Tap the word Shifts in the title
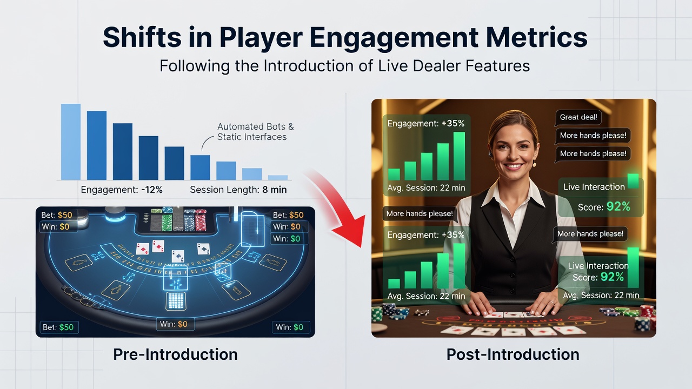tap(142, 37)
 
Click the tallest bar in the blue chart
tap(71, 142)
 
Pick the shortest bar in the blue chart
tap(278, 178)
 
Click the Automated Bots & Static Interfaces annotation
tap(255, 132)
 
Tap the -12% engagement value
tap(152, 190)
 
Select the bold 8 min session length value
tap(274, 190)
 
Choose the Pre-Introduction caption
tap(175, 354)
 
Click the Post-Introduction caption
tap(513, 354)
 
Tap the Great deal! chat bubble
tap(578, 117)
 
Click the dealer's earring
tap(535, 164)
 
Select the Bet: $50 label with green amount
tap(59, 327)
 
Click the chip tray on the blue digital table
tap(178, 220)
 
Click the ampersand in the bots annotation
tap(291, 126)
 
